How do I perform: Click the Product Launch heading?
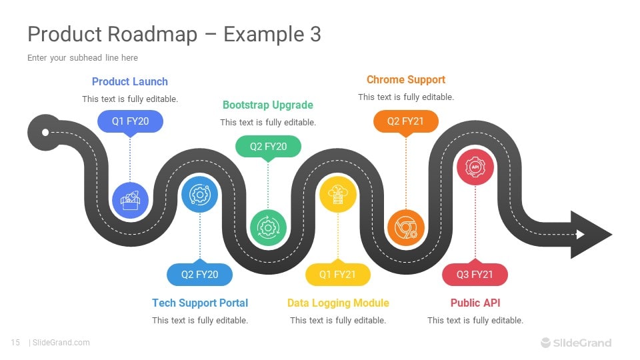pyautogui.click(x=130, y=81)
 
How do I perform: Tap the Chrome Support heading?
pyautogui.click(x=405, y=79)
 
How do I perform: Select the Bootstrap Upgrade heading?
pyautogui.click(x=267, y=105)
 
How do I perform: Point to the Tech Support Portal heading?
pyautogui.click(x=200, y=303)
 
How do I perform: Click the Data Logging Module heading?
pyautogui.click(x=338, y=303)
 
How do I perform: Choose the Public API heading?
pyautogui.click(x=475, y=303)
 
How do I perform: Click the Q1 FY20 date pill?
pyautogui.click(x=130, y=121)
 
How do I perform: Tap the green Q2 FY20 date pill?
pyautogui.click(x=268, y=146)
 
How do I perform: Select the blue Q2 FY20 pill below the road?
pyautogui.click(x=199, y=275)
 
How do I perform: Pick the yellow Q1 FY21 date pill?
pyautogui.click(x=337, y=275)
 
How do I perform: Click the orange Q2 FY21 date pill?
pyautogui.click(x=406, y=121)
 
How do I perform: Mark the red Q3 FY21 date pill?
pyautogui.click(x=475, y=275)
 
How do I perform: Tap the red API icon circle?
pyautogui.click(x=475, y=166)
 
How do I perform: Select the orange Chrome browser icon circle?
pyautogui.click(x=405, y=228)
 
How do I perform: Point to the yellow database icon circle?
pyautogui.click(x=337, y=194)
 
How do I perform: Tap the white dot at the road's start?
pyautogui.click(x=45, y=132)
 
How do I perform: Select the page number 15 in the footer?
pyautogui.click(x=15, y=343)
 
